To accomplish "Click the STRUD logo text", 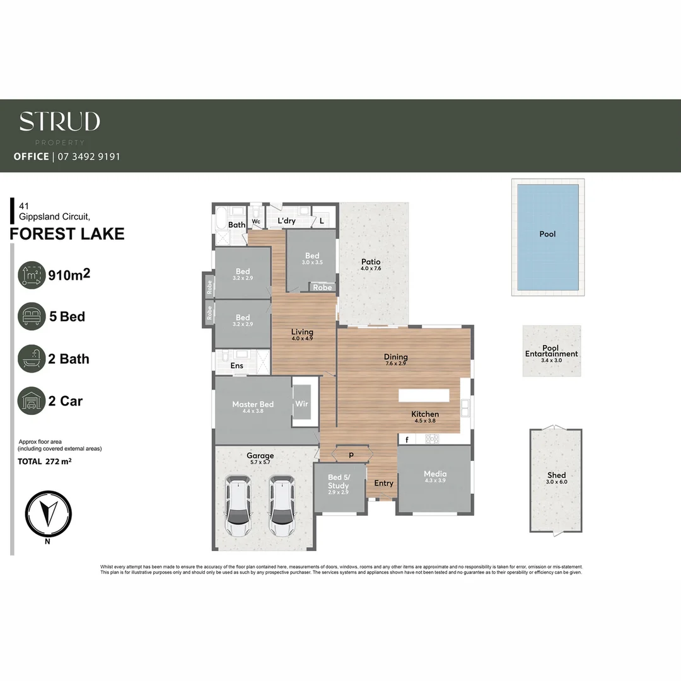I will click(59, 121).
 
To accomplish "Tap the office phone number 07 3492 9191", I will click(88, 156).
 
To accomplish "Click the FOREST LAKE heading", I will click(67, 235).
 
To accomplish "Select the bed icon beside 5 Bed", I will click(32, 317).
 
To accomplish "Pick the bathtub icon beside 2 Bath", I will click(32, 359).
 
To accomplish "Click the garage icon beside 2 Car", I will click(32, 401).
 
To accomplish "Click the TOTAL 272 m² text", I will click(44, 462).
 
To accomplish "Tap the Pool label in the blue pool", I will click(547, 234).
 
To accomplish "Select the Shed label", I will click(556, 475).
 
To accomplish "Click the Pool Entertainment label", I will click(551, 351).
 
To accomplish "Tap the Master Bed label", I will click(252, 404).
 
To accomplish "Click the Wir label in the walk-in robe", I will click(301, 404).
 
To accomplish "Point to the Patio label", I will click(371, 262).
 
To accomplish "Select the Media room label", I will click(434, 474).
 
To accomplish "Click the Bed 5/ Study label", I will click(338, 482).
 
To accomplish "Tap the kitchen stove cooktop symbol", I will click(431, 439).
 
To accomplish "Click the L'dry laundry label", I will click(286, 221).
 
